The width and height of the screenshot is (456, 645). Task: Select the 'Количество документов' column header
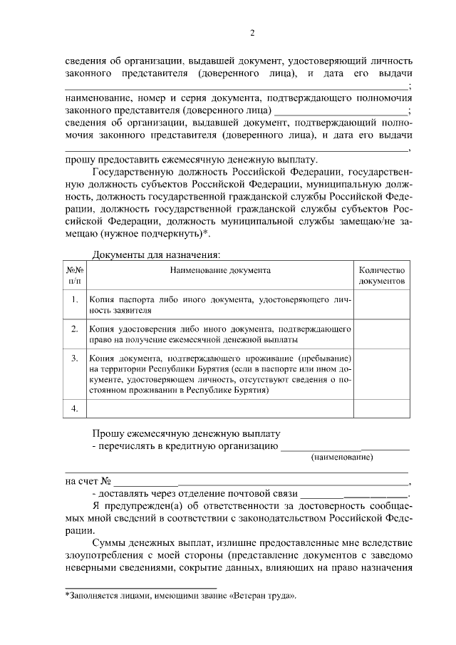382,276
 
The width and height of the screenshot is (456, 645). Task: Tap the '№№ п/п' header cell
76,276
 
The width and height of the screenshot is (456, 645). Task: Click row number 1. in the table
76,301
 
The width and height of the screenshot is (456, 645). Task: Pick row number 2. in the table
76,329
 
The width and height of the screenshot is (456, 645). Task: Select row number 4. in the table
76,408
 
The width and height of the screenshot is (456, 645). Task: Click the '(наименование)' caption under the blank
342,457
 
